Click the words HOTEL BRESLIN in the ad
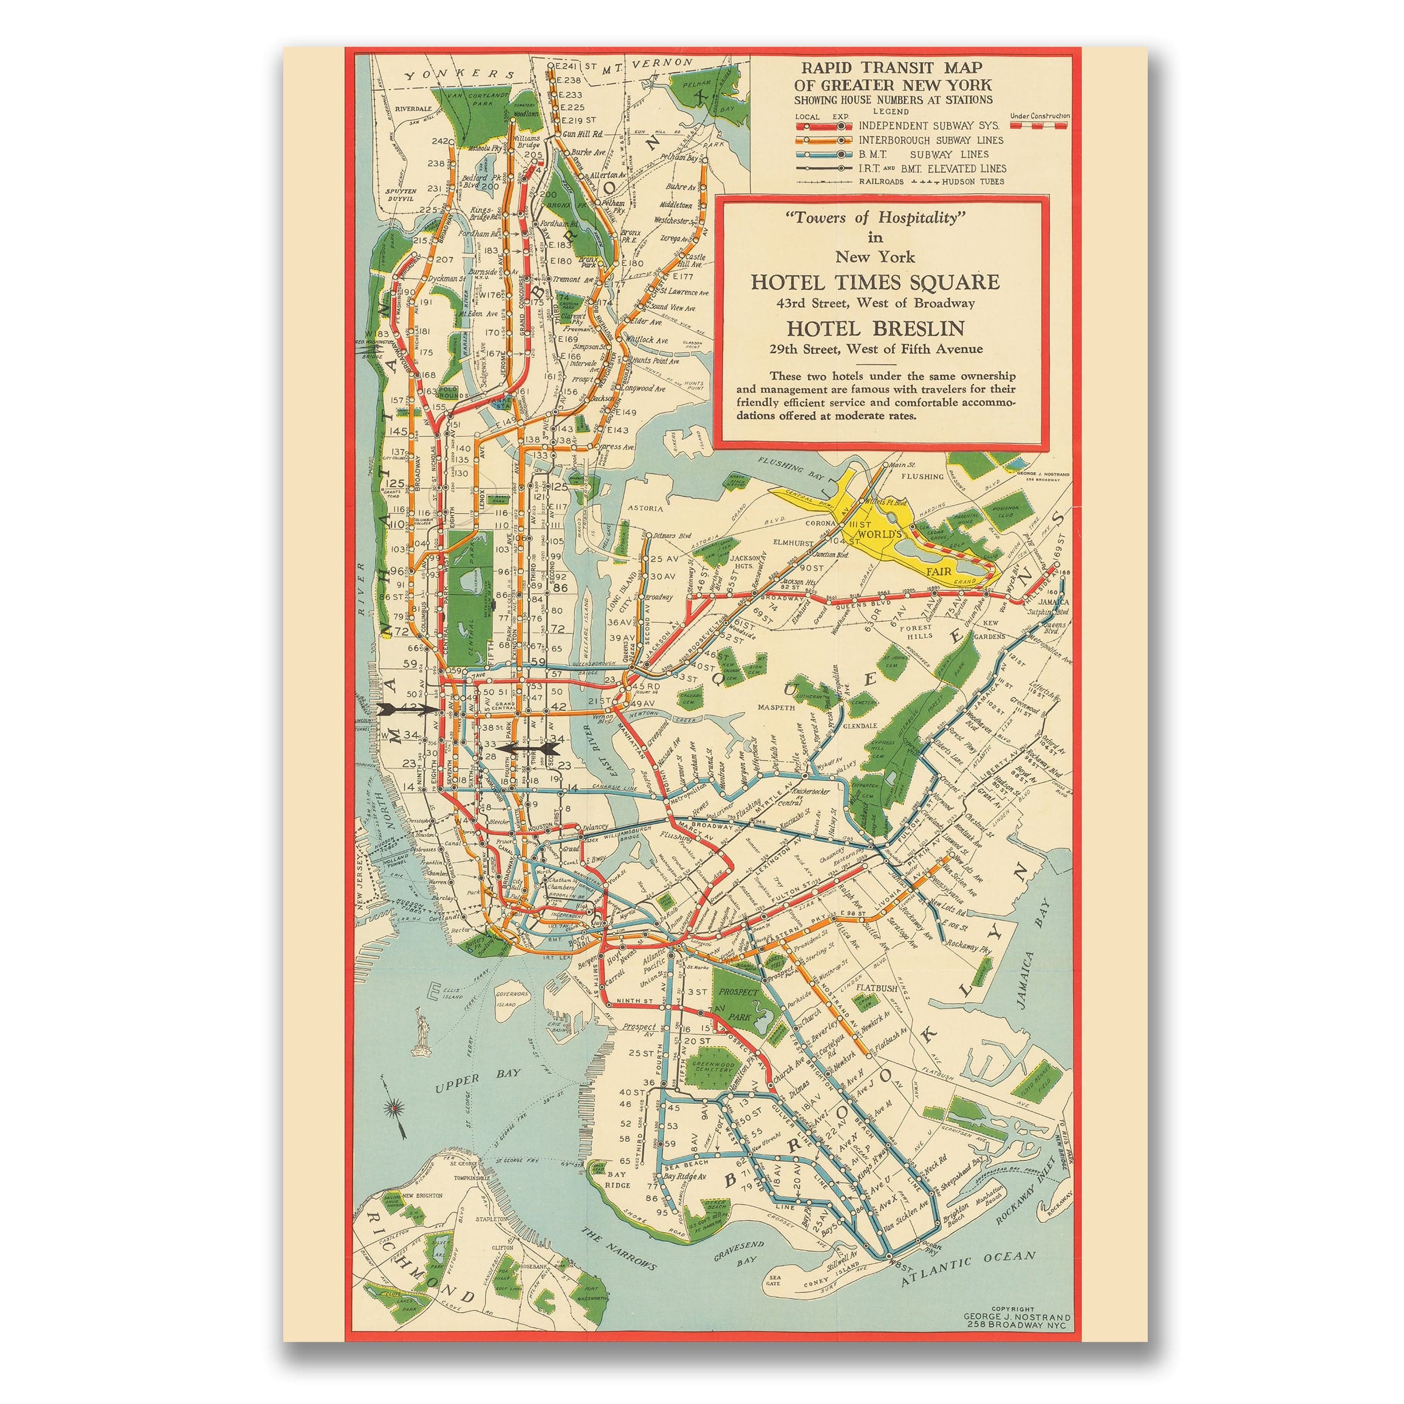[x=876, y=328]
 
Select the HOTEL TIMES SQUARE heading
[x=875, y=282]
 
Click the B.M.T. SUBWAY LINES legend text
[x=923, y=154]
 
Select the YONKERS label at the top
[x=460, y=75]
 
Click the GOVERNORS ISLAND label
[x=512, y=999]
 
